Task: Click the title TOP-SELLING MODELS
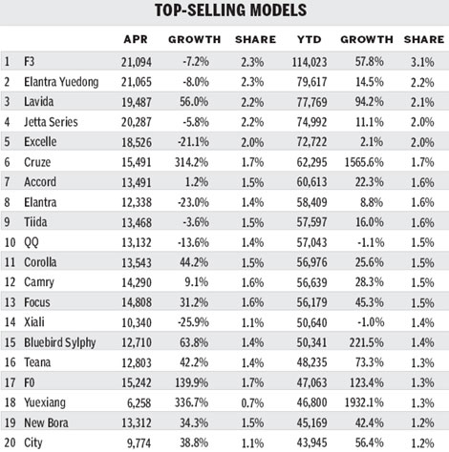(x=224, y=11)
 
